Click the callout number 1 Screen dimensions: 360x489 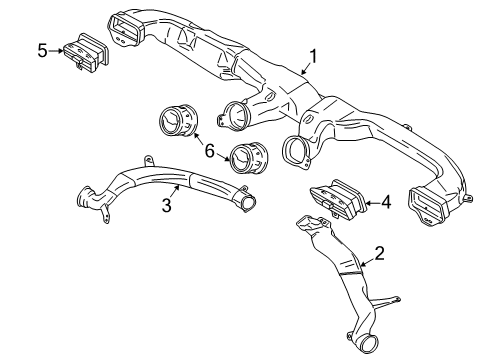pyautogui.click(x=313, y=58)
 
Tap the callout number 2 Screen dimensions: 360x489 pyautogui.click(x=378, y=254)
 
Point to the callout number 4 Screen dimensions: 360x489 pyautogui.click(x=385, y=204)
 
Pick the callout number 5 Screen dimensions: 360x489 pyautogui.click(x=41, y=49)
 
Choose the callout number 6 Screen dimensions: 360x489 pyautogui.click(x=208, y=150)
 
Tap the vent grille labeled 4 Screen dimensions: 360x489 pyautogui.click(x=337, y=202)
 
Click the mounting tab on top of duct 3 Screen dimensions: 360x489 pyautogui.click(x=147, y=160)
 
